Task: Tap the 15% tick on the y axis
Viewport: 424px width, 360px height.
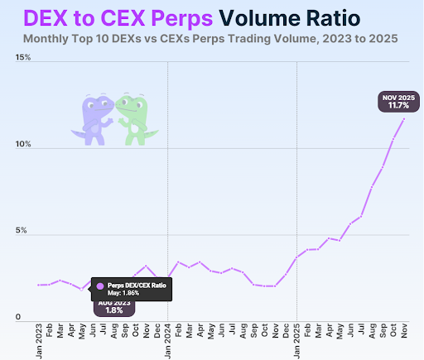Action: [x=22, y=58]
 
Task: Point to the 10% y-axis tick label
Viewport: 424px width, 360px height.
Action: [x=22, y=145]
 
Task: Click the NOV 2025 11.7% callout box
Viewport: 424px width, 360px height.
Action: [x=396, y=103]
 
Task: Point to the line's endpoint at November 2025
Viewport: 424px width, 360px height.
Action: [x=403, y=118]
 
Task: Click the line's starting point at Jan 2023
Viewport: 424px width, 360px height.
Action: [x=41, y=285]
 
